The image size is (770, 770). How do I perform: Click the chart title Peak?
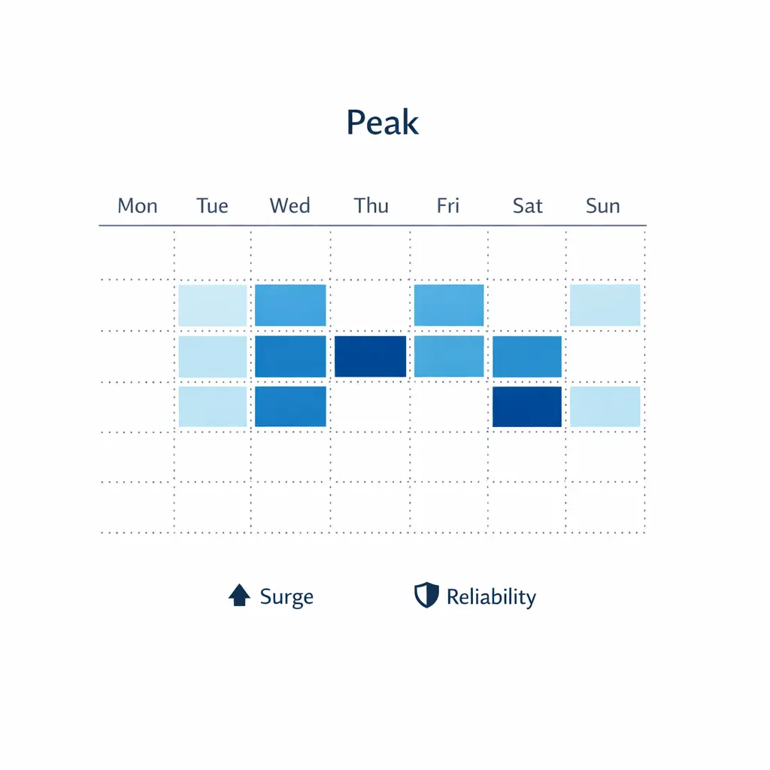pos(382,123)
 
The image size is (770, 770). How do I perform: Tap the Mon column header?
pos(138,206)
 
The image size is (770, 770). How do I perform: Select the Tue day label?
pos(212,206)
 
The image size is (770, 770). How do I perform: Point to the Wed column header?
pos(290,206)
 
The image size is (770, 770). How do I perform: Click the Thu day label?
pos(371,206)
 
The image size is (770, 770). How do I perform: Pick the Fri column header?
pos(447,206)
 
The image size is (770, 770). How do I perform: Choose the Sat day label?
pos(527,206)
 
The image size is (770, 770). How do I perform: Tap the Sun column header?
pos(603,206)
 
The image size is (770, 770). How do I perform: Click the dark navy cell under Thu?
pos(370,356)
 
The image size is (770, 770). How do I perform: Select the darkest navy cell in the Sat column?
pos(527,407)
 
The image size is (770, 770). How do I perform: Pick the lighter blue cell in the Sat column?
pos(527,356)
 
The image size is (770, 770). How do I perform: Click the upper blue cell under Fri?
pos(449,305)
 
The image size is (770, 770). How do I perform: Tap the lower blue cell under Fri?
pos(449,356)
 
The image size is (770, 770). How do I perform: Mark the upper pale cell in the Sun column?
pos(605,305)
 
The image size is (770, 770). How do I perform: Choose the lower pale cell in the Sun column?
pos(605,407)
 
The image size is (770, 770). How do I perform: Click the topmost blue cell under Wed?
pos(290,305)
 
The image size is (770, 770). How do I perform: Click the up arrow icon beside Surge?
pos(239,596)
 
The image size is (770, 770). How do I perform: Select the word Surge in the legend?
pos(286,597)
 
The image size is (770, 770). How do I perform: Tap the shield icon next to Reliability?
pos(426,596)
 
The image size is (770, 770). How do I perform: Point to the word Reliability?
pos(491,597)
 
